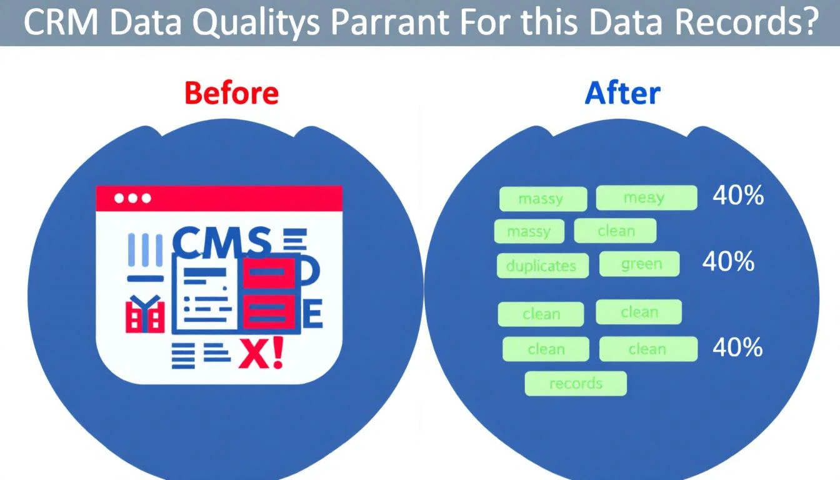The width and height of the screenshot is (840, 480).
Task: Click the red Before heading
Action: click(232, 93)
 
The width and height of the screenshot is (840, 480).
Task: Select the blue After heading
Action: click(622, 93)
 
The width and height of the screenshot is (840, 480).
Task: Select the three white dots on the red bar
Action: click(132, 198)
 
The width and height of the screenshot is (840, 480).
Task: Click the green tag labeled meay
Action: click(646, 197)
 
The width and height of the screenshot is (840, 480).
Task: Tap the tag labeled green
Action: click(639, 264)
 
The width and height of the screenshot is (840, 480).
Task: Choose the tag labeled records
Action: click(575, 383)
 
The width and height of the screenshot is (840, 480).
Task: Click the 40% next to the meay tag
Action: click(738, 196)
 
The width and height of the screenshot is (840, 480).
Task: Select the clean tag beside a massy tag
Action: click(615, 231)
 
